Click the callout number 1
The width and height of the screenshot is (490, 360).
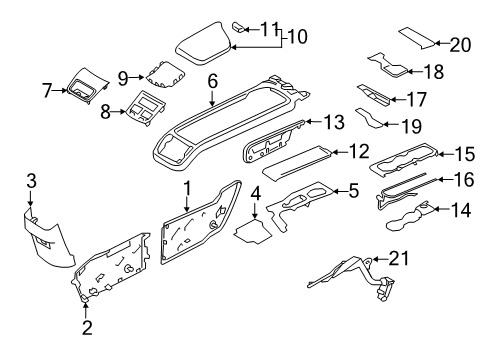[186, 187]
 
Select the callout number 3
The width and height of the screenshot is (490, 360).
[31, 180]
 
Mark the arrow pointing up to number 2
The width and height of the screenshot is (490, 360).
[84, 304]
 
